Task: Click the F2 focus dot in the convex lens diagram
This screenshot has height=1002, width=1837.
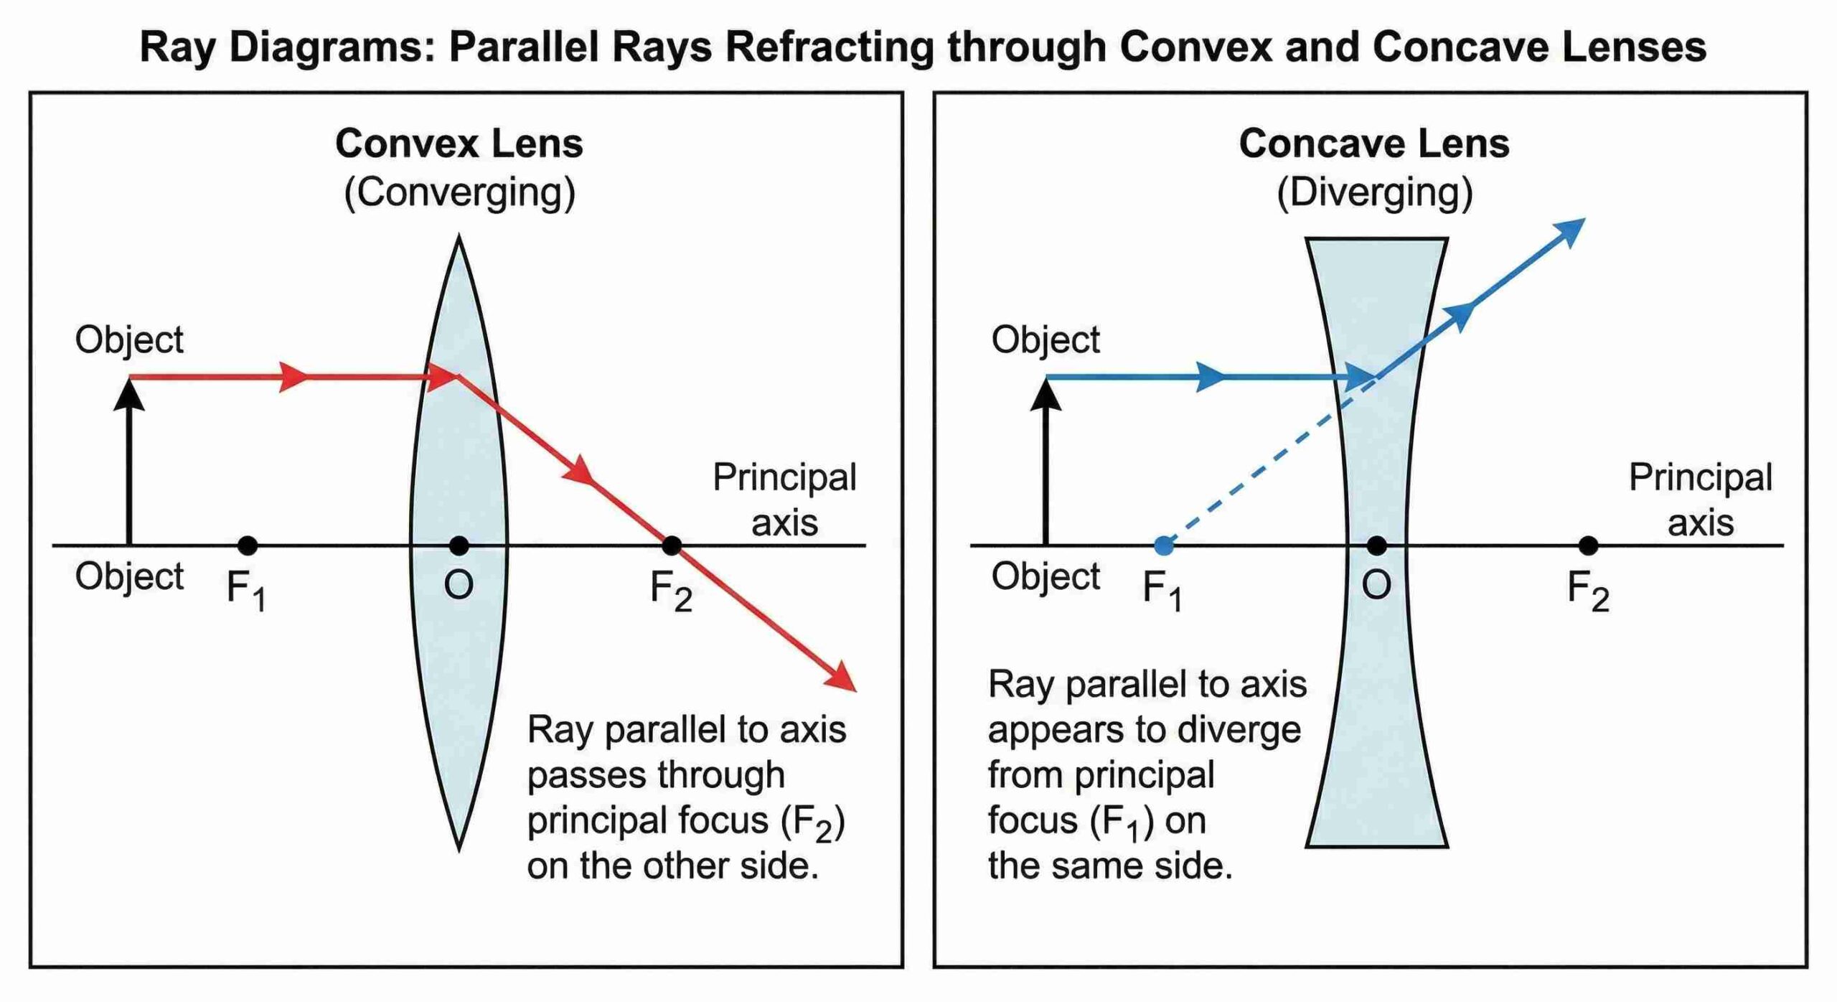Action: click(x=671, y=546)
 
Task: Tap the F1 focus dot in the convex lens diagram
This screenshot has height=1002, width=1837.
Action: click(x=248, y=546)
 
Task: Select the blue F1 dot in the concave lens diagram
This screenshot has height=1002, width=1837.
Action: click(x=1164, y=546)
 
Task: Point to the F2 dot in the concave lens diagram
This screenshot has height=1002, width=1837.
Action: click(x=1589, y=546)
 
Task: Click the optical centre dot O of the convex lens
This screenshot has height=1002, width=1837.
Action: click(x=459, y=546)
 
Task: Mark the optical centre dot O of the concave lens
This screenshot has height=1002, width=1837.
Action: click(x=1376, y=546)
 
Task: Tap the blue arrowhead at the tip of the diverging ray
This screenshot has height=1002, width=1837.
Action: click(x=1569, y=232)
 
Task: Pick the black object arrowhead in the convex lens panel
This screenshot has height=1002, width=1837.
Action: click(x=129, y=395)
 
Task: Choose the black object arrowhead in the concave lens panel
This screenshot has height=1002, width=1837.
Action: click(x=1046, y=395)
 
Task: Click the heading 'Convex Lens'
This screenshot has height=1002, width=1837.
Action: click(x=459, y=144)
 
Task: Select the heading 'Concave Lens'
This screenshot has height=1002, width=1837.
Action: click(x=1374, y=144)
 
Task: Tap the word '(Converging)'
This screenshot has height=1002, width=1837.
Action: click(x=459, y=192)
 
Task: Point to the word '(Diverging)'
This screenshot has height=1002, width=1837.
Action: click(x=1374, y=192)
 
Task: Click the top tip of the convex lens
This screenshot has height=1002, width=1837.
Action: click(x=459, y=236)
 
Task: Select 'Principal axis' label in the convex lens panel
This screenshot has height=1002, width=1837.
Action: click(x=784, y=500)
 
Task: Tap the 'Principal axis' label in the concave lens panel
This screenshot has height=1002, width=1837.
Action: click(x=1701, y=500)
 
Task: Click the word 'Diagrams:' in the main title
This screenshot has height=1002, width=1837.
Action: click(x=332, y=47)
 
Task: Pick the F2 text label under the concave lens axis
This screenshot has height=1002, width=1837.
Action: click(x=1588, y=591)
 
